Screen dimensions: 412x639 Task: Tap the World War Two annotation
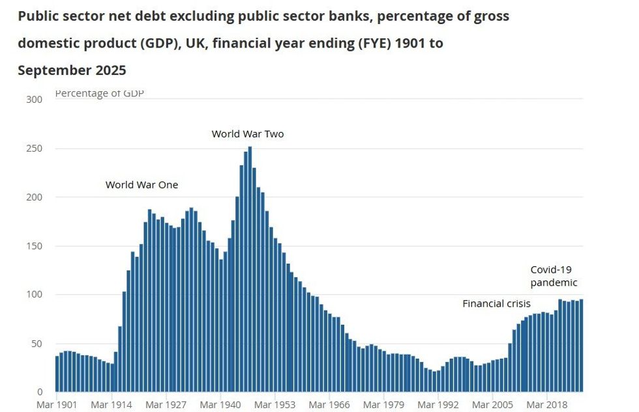248,134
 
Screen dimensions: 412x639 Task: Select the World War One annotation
141,185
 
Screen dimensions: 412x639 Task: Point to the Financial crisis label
496,303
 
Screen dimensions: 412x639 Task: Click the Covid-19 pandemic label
554,276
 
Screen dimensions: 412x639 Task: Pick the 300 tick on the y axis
34,100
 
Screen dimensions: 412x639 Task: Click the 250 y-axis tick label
34,148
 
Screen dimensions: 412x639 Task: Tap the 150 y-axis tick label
34,246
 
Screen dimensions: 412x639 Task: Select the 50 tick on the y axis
37,344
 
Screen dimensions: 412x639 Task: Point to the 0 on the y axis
39,392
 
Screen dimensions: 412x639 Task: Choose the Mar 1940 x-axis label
221,405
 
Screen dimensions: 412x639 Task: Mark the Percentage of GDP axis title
99,94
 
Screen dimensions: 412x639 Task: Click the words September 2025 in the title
72,70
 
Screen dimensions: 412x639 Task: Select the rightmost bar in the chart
581,346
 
